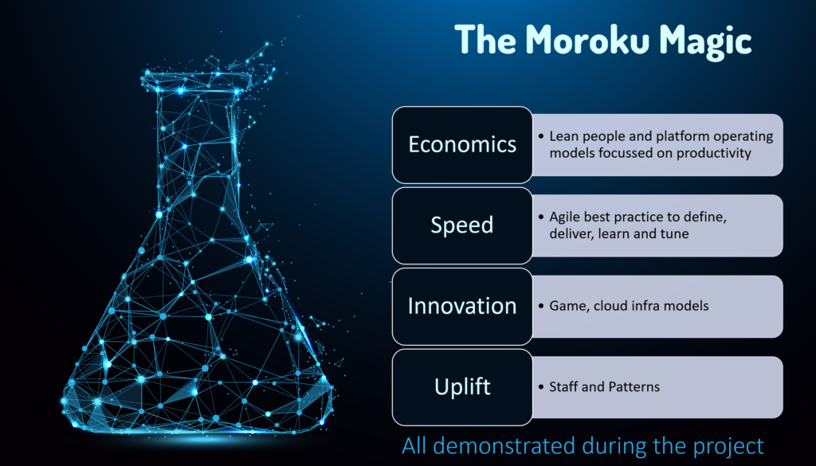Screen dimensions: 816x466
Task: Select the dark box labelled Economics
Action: [462, 145]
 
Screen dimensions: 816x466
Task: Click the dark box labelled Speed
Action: [462, 225]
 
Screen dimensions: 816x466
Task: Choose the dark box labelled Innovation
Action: [462, 307]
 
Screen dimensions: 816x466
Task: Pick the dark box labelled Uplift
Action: [462, 387]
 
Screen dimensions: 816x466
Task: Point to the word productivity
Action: [714, 154]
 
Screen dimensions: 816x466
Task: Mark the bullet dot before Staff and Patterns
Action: [541, 387]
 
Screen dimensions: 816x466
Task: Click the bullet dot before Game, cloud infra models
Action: [541, 306]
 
